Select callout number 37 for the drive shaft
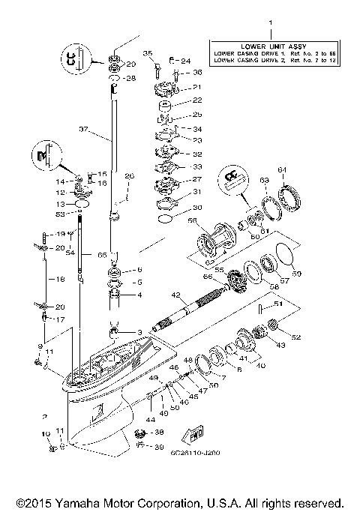click(84, 129)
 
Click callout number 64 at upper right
click(282, 169)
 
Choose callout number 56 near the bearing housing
click(191, 221)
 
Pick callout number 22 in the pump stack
click(176, 100)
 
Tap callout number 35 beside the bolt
click(148, 52)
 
